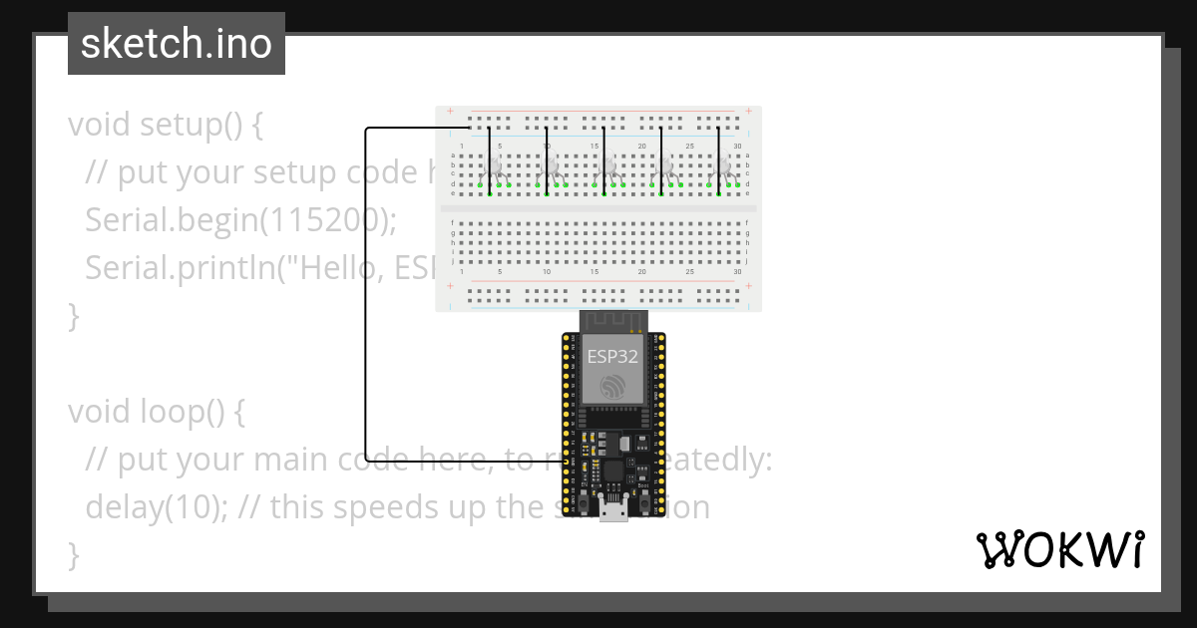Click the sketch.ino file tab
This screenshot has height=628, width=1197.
point(177,44)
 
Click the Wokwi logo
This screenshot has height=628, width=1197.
point(1059,549)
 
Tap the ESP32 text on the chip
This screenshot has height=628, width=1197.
point(611,356)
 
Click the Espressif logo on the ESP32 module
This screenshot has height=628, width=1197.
point(611,387)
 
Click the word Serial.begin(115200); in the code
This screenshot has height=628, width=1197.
point(240,220)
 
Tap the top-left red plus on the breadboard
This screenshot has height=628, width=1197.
point(451,112)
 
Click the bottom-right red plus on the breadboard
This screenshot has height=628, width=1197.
point(748,285)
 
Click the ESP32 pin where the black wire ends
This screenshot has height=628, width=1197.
point(569,462)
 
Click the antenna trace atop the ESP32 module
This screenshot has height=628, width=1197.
point(612,321)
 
